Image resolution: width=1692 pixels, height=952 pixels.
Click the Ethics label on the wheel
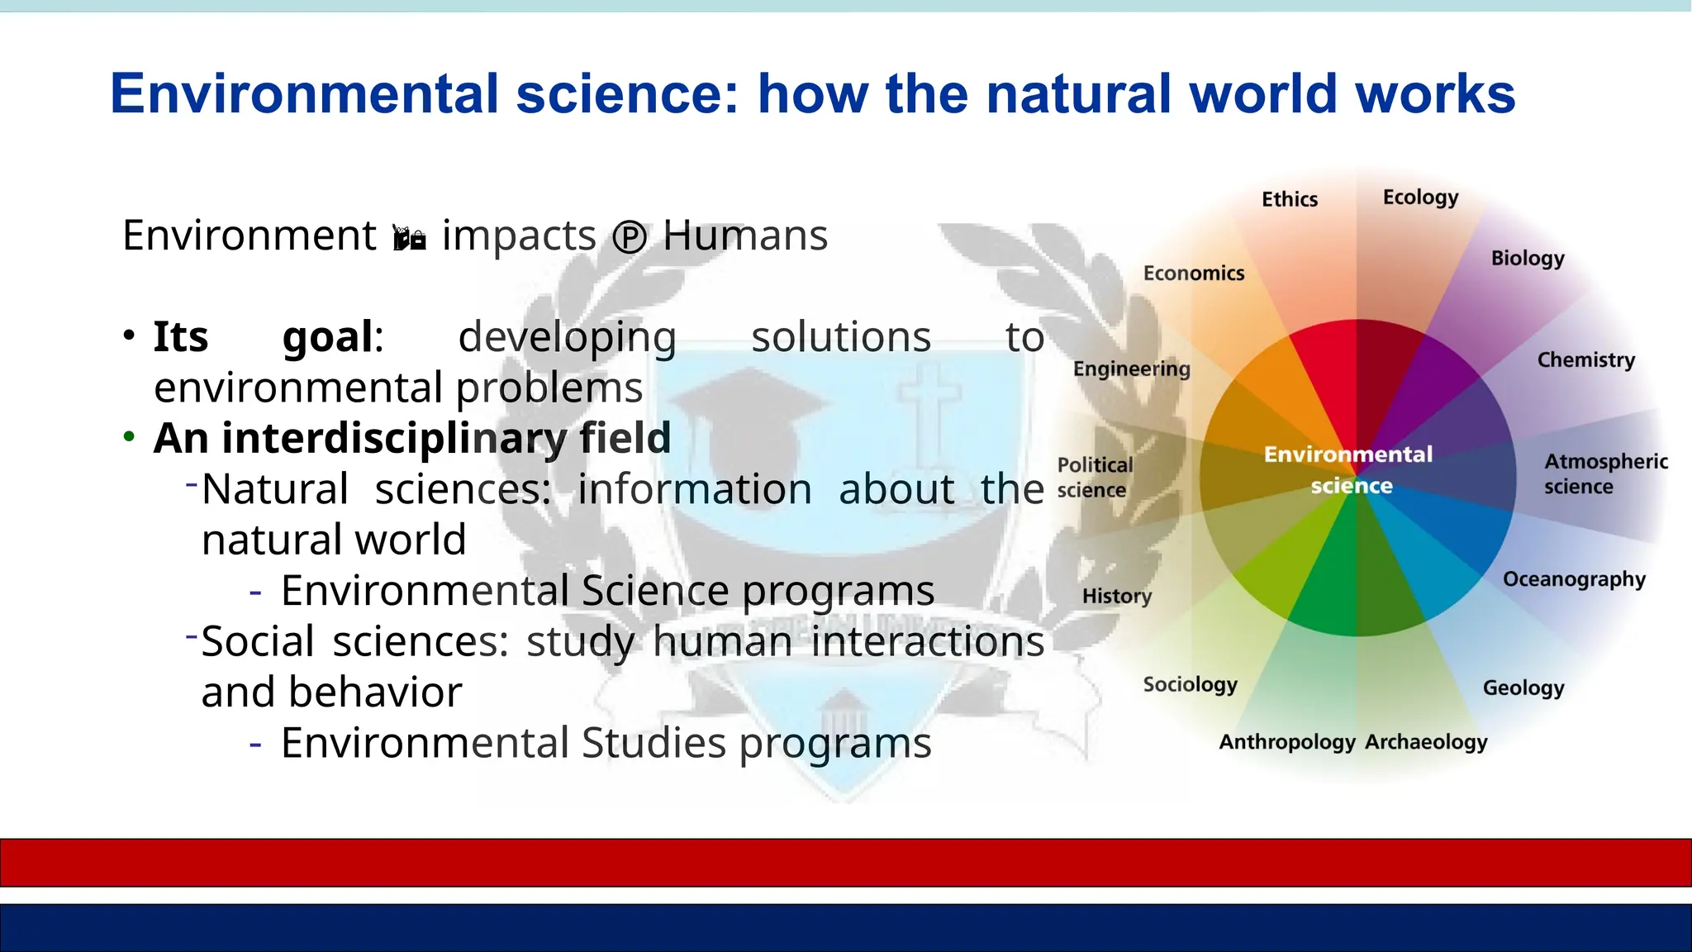(x=1289, y=199)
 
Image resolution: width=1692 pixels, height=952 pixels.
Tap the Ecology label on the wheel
(x=1420, y=198)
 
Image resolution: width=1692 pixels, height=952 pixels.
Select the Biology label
(x=1527, y=259)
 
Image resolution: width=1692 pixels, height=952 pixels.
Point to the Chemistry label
(x=1585, y=360)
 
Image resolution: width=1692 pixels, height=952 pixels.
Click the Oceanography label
(x=1573, y=579)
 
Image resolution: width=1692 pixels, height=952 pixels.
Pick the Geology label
(x=1523, y=688)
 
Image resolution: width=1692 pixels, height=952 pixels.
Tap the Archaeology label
(x=1426, y=742)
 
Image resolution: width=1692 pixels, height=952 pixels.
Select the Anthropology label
(x=1286, y=742)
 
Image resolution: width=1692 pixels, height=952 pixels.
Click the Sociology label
(x=1190, y=684)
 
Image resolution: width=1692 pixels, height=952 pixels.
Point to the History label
(x=1116, y=596)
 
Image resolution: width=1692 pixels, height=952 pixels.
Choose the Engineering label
(x=1131, y=369)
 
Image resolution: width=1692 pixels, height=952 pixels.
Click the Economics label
(x=1193, y=274)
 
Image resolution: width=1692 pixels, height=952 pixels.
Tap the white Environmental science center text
(x=1348, y=469)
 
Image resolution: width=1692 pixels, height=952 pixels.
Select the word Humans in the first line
(x=744, y=236)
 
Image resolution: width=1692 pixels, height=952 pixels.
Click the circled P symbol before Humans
(x=630, y=239)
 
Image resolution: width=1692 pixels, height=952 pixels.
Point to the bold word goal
(x=328, y=337)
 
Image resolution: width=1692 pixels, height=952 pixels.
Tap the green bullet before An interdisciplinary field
(x=129, y=436)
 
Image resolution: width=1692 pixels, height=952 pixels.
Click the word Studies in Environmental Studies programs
(x=654, y=742)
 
